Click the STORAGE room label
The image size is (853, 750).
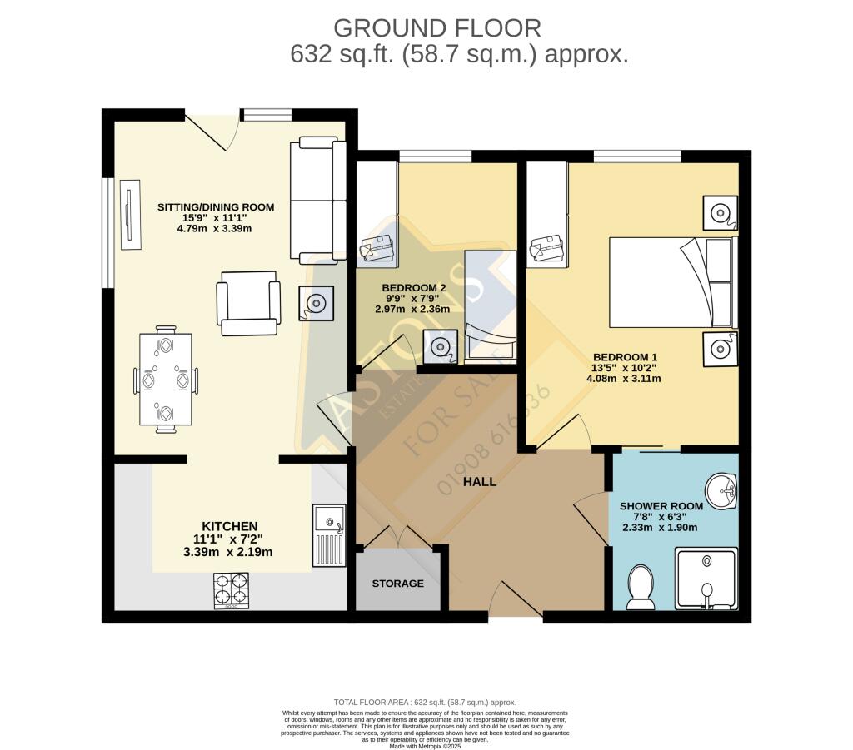click(397, 584)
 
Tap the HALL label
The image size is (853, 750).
click(480, 481)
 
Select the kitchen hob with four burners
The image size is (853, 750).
click(231, 589)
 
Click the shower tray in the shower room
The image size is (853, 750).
click(705, 578)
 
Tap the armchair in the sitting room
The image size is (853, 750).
click(247, 303)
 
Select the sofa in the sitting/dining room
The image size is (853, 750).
click(317, 200)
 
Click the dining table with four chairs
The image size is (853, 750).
click(165, 380)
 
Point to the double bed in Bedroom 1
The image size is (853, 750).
click(673, 282)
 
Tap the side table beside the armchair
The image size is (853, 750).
click(317, 303)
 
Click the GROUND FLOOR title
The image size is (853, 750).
click(437, 27)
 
